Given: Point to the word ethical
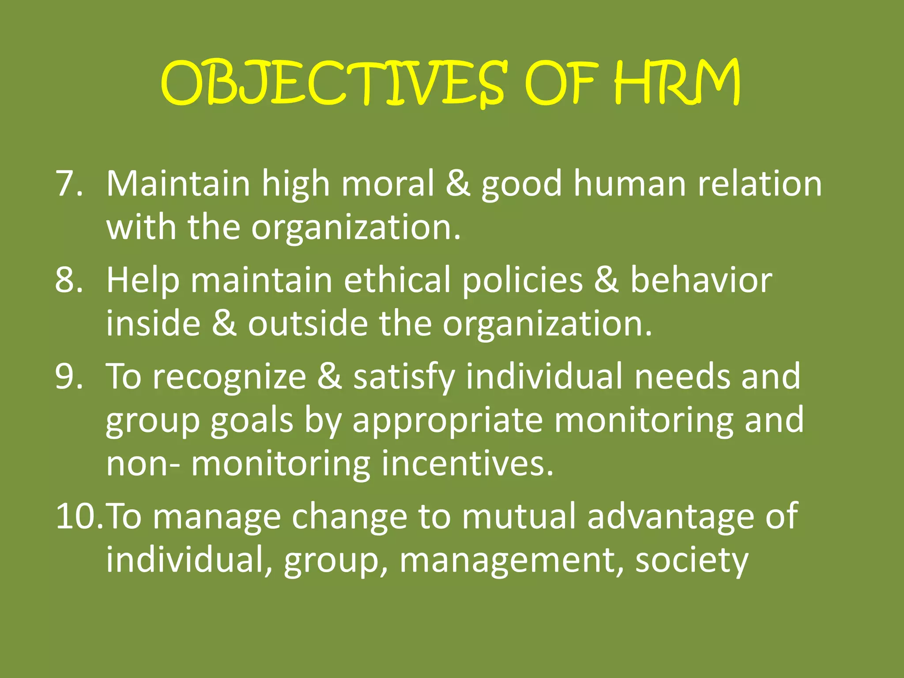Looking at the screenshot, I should tap(397, 280).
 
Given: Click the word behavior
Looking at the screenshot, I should tap(701, 280).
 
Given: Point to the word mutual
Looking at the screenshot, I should tap(519, 516).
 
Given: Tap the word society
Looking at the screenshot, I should tap(692, 561).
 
